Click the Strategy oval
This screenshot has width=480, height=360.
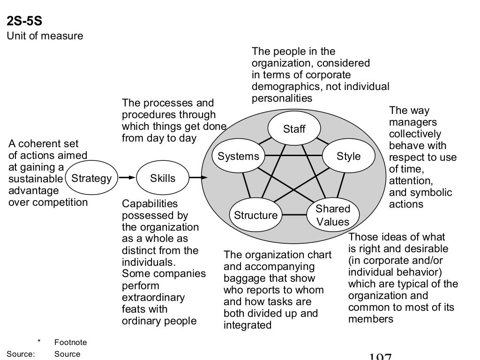tap(91, 178)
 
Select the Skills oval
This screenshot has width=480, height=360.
tap(163, 178)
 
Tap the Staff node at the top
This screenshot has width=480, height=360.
tap(294, 129)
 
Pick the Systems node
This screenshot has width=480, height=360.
tap(238, 156)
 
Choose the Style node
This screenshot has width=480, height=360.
tap(349, 156)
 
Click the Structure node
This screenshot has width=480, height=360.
tap(255, 216)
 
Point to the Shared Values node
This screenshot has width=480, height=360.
tap(332, 215)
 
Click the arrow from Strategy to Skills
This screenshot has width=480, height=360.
tap(126, 178)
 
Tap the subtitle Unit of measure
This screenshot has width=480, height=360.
tap(45, 36)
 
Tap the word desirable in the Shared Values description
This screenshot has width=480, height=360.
tap(424, 248)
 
